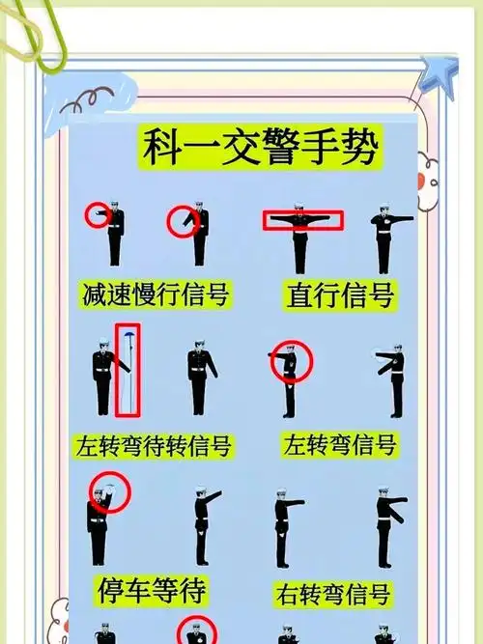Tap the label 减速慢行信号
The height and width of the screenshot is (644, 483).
coord(156,294)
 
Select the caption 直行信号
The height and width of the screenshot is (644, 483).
coord(340,294)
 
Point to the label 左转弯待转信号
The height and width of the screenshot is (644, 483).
coord(154,446)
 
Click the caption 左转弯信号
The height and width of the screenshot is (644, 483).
coord(339,445)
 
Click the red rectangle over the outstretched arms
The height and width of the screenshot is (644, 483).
coord(302,221)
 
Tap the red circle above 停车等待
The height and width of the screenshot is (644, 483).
coord(108,494)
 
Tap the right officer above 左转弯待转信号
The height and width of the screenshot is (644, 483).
coord(199,377)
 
